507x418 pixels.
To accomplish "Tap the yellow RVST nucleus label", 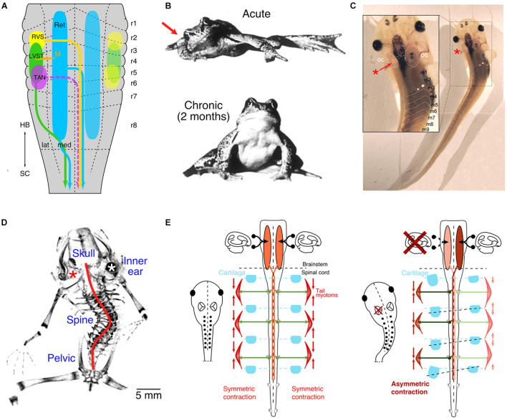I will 39,37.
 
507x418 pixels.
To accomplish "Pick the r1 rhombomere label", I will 134,24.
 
